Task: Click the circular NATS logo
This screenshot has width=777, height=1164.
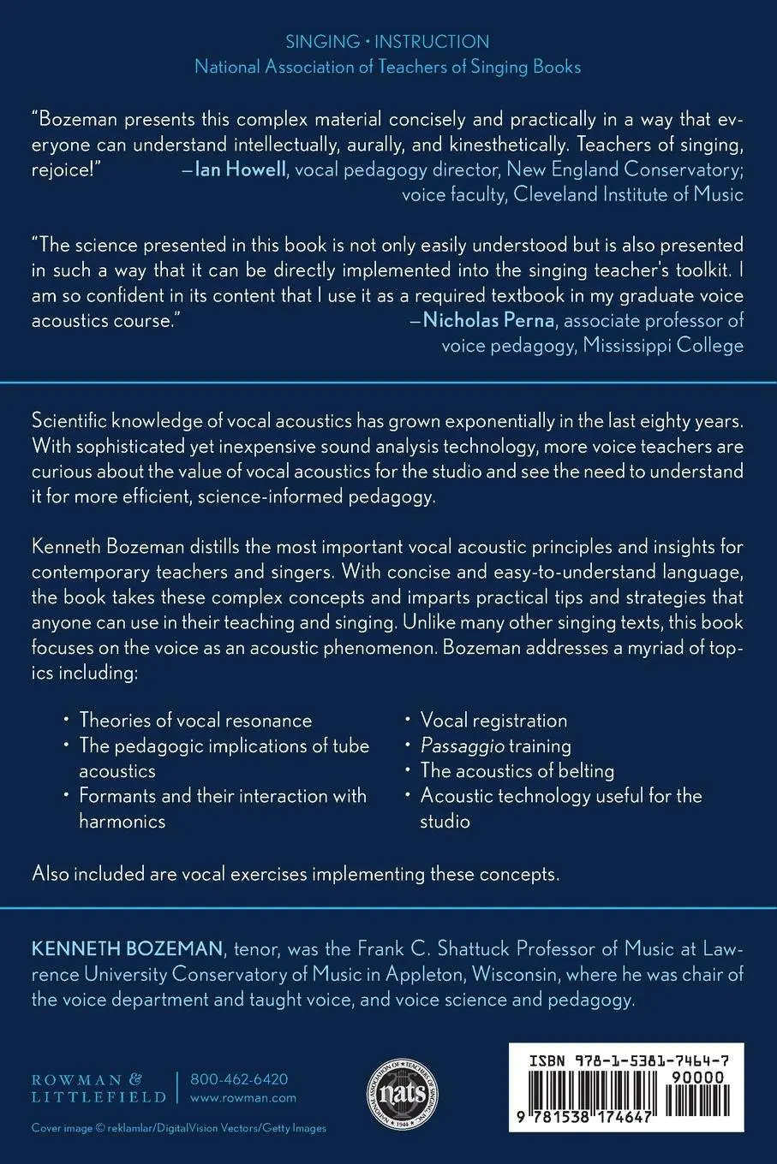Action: tap(403, 1093)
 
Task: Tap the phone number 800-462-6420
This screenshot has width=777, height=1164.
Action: tap(239, 1079)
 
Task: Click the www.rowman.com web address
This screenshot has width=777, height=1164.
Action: tap(243, 1097)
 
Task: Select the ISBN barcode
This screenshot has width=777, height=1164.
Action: tap(626, 1095)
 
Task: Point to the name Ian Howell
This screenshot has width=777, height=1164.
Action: tap(241, 169)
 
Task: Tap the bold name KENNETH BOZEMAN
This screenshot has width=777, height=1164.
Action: tap(127, 948)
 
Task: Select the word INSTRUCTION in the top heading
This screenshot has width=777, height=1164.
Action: tap(432, 41)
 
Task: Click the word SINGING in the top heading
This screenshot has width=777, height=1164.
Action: tap(322, 41)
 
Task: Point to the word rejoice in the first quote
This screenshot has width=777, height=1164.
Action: tap(61, 169)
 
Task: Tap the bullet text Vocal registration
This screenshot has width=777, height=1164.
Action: tap(493, 721)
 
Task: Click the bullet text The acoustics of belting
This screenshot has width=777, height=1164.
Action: tap(517, 770)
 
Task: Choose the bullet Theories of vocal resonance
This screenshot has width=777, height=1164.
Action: tap(195, 721)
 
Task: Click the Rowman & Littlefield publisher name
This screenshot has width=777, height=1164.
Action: tap(99, 1088)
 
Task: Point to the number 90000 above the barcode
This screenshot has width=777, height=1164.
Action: tap(697, 1078)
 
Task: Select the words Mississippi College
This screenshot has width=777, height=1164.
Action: tap(663, 345)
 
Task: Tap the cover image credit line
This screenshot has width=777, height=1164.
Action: tap(179, 1128)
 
